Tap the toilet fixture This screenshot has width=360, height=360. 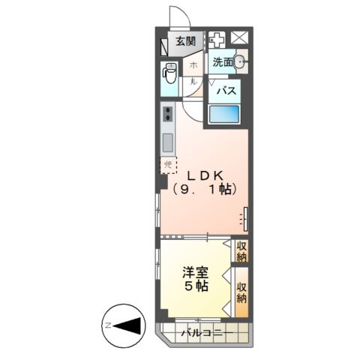[169, 75]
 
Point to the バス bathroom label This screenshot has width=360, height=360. [227, 91]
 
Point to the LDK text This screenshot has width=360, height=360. [205, 175]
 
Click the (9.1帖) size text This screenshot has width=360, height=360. [205, 190]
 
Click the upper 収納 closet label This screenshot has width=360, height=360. [241, 251]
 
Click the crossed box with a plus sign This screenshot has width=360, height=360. [217, 40]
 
